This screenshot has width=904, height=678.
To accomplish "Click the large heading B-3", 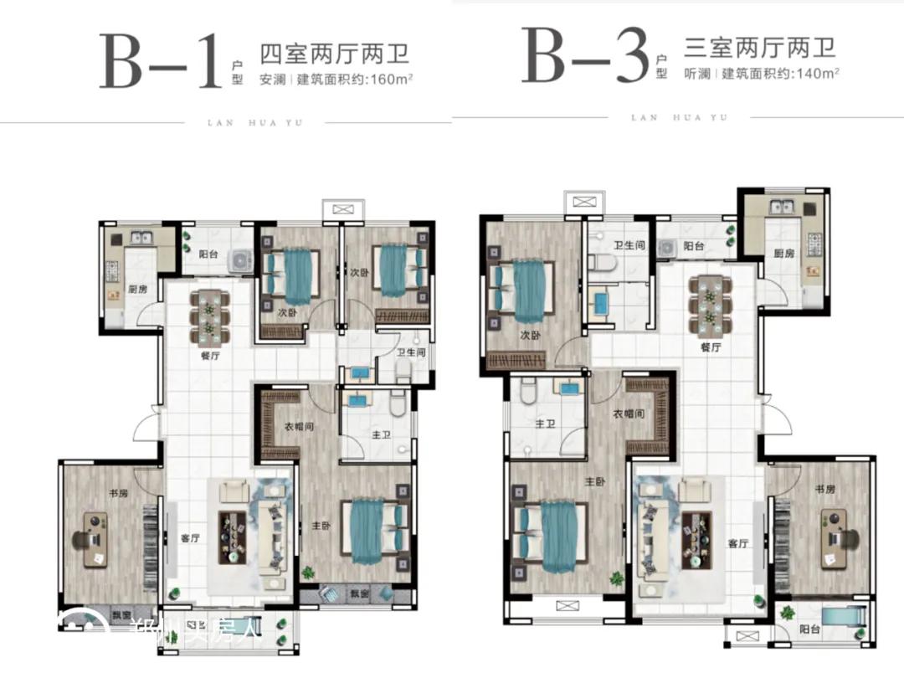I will [585, 56].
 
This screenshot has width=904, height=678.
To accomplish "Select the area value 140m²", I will [817, 72].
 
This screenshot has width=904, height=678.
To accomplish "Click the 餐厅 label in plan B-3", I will [711, 347].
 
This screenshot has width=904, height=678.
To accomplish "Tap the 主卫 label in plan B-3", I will [546, 424].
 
